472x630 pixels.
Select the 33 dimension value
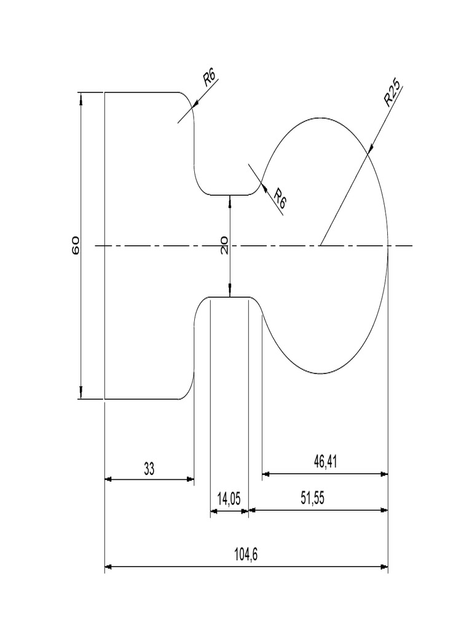coord(149,469)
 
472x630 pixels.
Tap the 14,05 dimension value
coord(229,500)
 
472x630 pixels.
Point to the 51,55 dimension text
coord(312,499)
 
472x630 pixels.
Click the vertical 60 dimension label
coord(76,245)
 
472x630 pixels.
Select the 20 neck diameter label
coord(224,245)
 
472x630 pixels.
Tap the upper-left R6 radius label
coord(210,78)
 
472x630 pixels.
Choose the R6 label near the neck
coord(280,198)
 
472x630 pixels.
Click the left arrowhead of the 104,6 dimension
coord(109,566)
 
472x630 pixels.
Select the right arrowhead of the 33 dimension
coord(191,479)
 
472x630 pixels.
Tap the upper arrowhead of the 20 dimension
coord(230,199)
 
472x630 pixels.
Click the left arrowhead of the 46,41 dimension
coord(266,474)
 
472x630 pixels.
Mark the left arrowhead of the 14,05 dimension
coord(214,511)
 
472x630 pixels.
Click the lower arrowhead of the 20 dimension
coord(230,293)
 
